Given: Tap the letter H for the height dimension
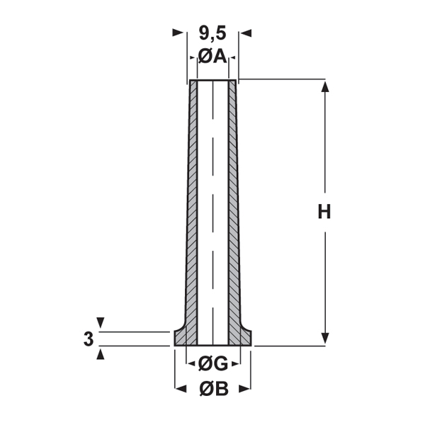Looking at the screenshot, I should click(x=324, y=212).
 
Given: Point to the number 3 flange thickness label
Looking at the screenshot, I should click(x=88, y=339).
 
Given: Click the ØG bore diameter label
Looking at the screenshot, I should click(x=212, y=365).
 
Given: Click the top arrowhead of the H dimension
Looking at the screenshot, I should click(x=325, y=86).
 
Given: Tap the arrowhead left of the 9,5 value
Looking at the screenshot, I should click(x=179, y=33).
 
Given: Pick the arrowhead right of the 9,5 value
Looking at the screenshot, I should click(x=245, y=33).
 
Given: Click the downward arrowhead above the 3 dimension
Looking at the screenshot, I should click(x=99, y=323).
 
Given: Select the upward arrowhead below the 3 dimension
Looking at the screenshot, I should click(x=99, y=353).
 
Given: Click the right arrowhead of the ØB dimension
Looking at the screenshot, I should click(x=246, y=389).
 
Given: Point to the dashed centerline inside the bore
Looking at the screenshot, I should click(x=212, y=212).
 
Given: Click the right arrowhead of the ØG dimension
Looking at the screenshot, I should click(x=233, y=365).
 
